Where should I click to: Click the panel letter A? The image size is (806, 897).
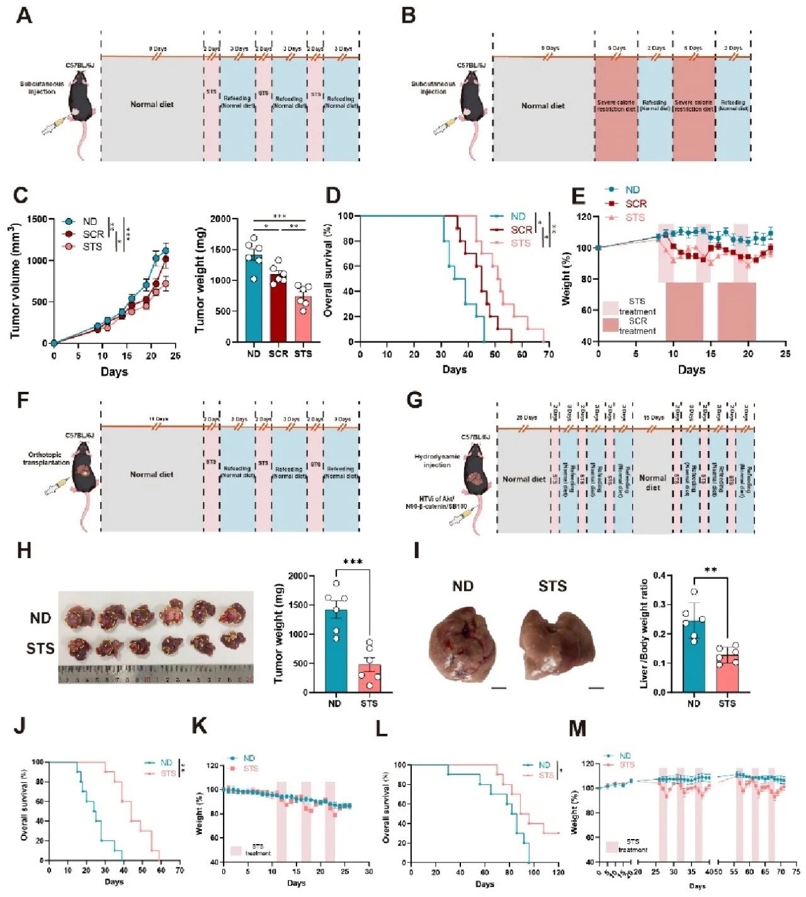tap(23, 14)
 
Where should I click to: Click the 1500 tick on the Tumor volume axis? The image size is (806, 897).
tap(37, 219)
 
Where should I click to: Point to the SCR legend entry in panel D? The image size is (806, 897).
tap(521, 230)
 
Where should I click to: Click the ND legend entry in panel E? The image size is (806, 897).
tap(632, 190)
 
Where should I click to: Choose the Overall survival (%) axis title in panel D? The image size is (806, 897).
tap(327, 278)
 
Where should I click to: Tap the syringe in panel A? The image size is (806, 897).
tap(52, 126)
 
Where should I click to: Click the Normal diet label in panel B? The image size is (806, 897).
tap(543, 106)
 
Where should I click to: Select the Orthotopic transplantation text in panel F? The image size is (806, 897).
tap(46, 458)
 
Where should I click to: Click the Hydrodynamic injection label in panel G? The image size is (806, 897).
tap(437, 460)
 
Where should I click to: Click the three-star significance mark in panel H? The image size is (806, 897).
tap(353, 561)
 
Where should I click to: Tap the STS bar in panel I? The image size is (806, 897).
tap(727, 673)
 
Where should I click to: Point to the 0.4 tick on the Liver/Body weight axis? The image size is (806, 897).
tap(659, 575)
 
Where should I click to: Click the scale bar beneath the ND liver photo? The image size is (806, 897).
tap(499, 688)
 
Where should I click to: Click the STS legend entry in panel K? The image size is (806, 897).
tap(250, 768)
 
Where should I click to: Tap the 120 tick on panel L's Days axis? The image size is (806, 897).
tap(558, 872)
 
